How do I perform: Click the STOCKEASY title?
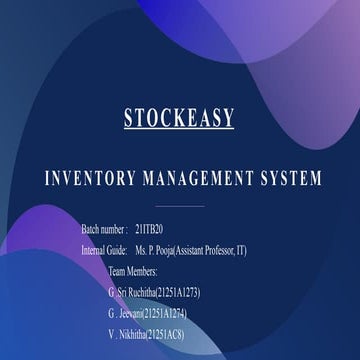(179, 117)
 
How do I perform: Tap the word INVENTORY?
(92, 180)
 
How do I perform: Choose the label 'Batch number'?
(103, 230)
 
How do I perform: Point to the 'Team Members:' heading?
(134, 271)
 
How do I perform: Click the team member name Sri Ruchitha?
(137, 292)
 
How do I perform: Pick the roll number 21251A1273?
(192, 292)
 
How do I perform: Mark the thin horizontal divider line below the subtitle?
(180, 206)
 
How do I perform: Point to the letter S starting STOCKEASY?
(130, 117)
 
